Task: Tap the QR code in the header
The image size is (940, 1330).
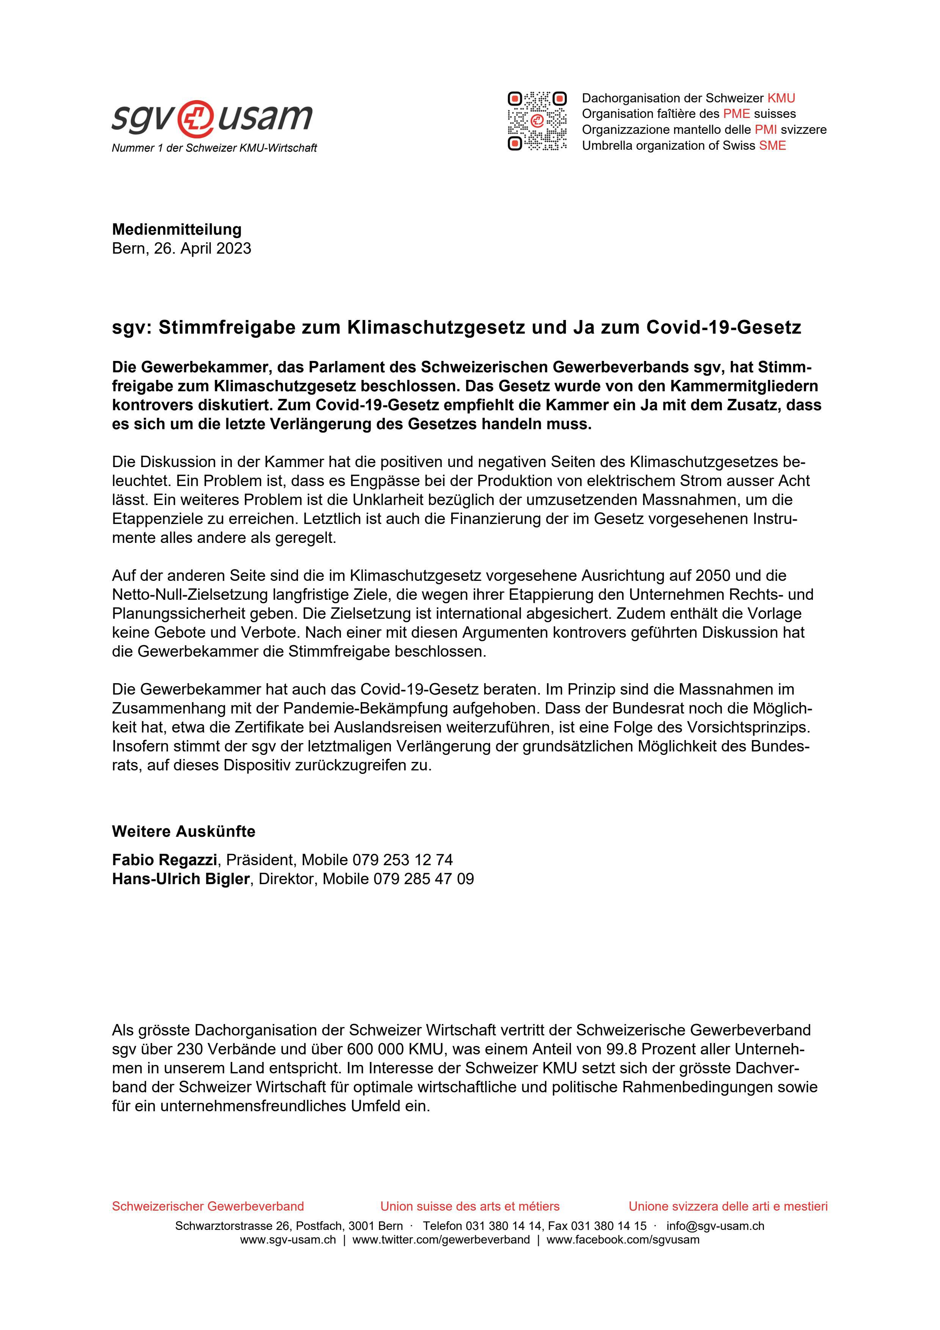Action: pos(537,121)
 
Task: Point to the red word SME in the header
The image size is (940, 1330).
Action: pos(773,145)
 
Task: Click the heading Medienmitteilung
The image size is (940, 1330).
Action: pos(177,229)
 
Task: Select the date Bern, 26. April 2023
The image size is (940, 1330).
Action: pos(181,248)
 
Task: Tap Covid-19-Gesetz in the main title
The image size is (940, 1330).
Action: pos(723,328)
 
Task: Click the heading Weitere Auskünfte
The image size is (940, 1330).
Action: pos(183,831)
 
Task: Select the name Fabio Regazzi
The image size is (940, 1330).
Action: pos(165,859)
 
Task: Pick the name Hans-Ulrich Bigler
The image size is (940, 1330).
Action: pos(180,879)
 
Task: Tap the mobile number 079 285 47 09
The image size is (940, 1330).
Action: pos(424,879)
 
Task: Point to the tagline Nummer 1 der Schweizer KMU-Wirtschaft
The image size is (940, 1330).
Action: pos(214,148)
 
